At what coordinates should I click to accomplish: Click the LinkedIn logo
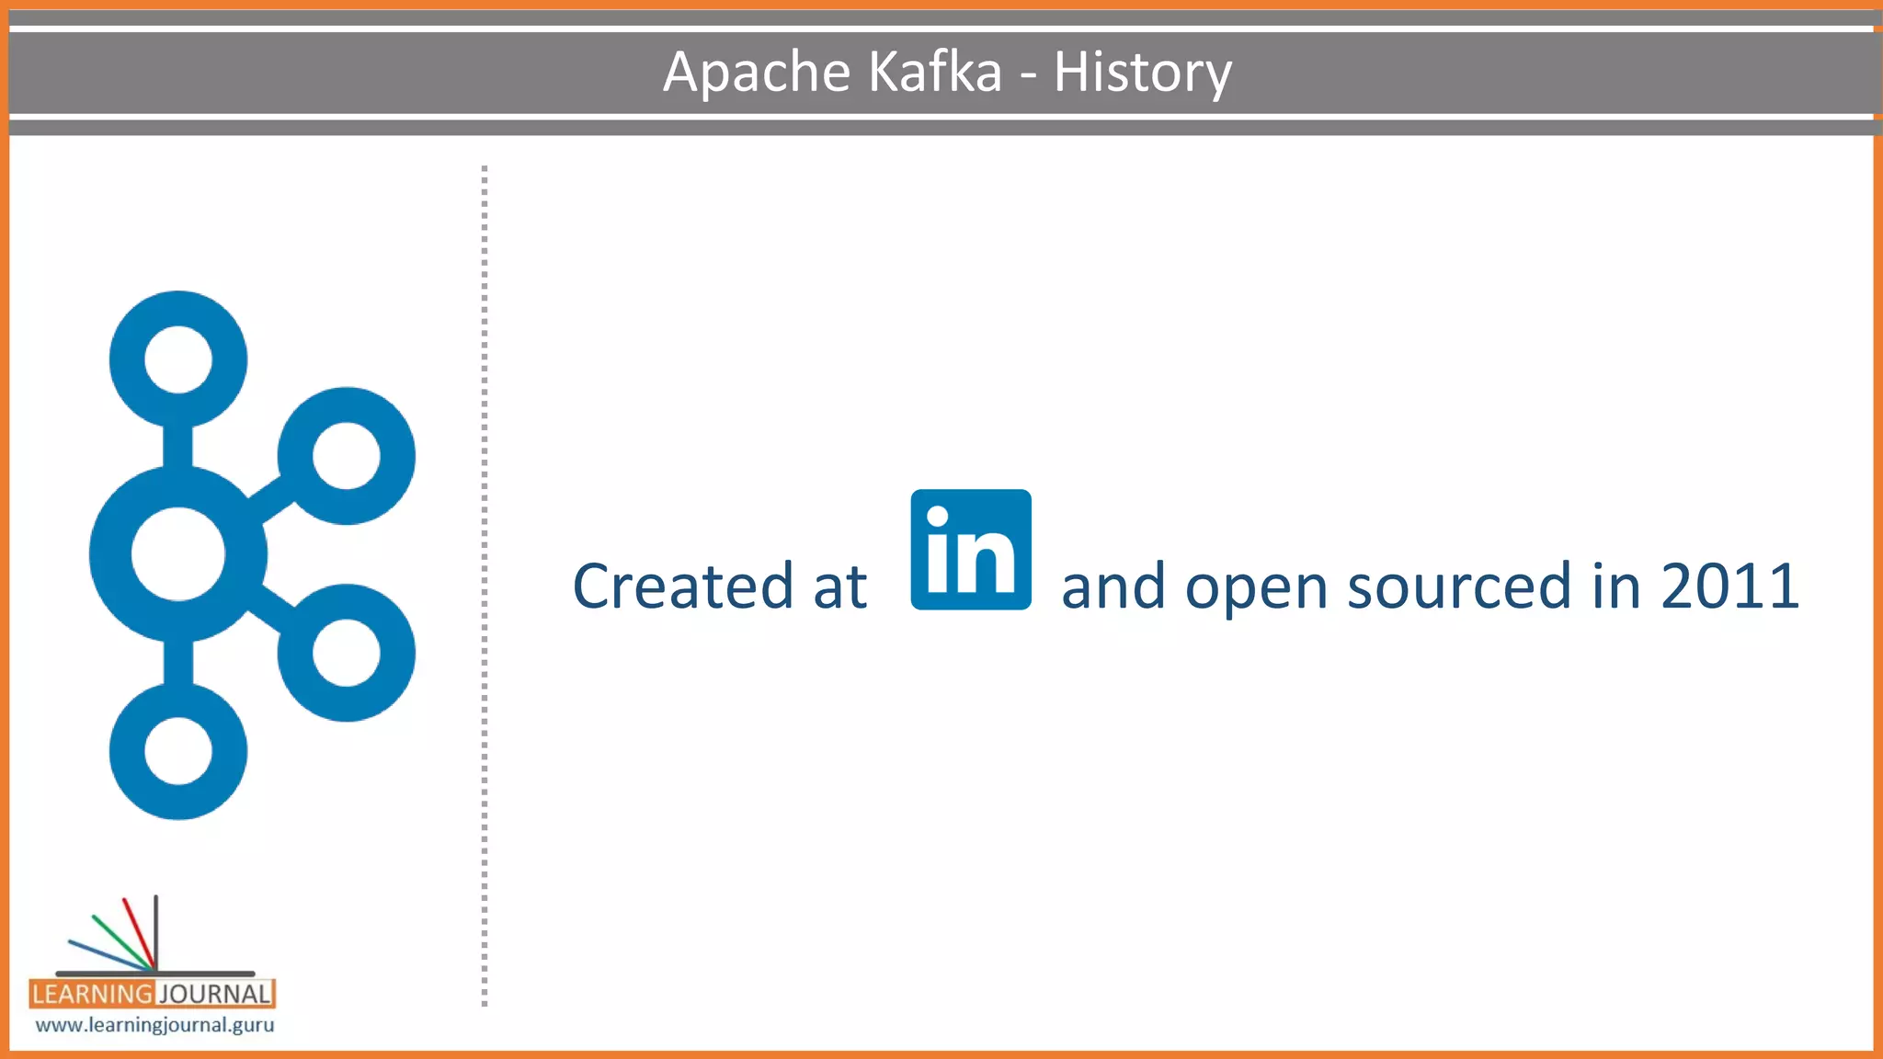click(971, 550)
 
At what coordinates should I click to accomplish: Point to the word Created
click(682, 586)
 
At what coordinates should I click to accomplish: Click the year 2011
click(1729, 586)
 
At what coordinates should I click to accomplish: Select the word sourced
click(1459, 586)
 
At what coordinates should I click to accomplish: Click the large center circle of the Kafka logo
click(178, 554)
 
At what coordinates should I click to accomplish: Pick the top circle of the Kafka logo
click(178, 359)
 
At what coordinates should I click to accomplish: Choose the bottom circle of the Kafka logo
click(178, 751)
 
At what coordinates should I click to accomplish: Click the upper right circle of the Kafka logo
click(347, 456)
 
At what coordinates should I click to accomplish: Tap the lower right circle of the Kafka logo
click(347, 653)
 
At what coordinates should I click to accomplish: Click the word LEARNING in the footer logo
click(92, 994)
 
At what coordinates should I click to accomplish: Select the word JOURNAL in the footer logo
click(215, 994)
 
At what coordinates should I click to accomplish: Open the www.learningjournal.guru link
click(154, 1025)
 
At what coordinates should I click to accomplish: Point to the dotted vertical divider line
click(485, 588)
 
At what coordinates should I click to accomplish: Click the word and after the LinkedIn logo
click(1113, 586)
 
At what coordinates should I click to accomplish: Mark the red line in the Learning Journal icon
click(138, 930)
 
